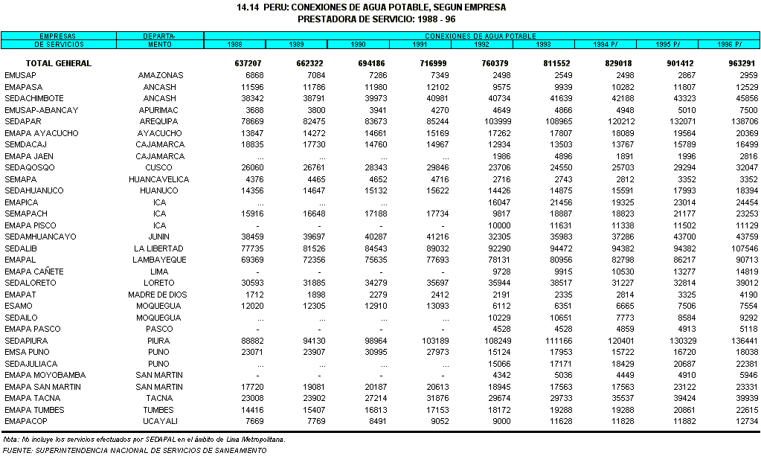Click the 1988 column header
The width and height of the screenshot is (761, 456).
(234, 45)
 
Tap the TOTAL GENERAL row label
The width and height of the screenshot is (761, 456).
(58, 63)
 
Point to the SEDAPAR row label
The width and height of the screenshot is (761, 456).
(22, 121)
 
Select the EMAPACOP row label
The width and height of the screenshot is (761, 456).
(26, 421)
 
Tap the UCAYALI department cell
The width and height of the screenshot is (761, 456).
(158, 421)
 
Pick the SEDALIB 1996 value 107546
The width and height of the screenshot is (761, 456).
(743, 248)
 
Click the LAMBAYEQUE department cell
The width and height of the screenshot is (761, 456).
(158, 260)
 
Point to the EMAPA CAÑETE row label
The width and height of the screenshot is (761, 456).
(34, 272)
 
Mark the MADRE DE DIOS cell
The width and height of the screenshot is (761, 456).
(158, 295)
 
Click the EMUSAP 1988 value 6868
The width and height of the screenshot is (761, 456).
(254, 75)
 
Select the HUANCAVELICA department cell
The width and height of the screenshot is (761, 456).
(158, 179)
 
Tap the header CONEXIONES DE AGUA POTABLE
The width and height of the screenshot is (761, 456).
(481, 36)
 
